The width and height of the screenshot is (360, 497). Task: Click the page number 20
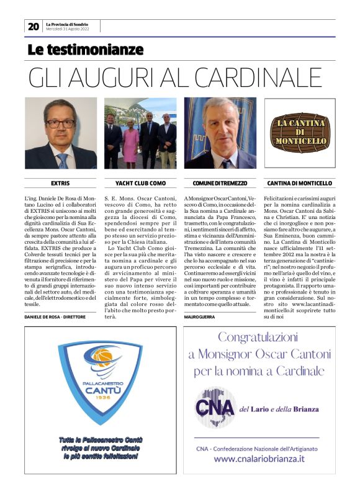[x=33, y=26]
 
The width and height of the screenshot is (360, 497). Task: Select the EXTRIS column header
[x=61, y=184]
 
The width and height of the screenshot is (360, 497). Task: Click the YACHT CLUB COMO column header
[x=140, y=184]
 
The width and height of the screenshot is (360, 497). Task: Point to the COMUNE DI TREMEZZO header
[x=220, y=184]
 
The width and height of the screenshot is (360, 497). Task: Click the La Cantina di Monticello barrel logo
[x=300, y=133]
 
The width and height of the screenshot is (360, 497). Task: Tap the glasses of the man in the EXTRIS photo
[x=60, y=123]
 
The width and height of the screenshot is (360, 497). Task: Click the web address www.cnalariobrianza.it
[x=259, y=459]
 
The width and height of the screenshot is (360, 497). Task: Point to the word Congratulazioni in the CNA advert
[x=259, y=339]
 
